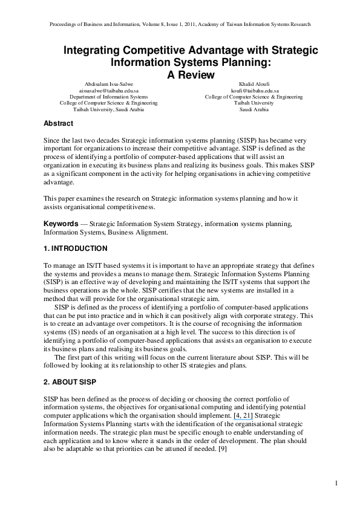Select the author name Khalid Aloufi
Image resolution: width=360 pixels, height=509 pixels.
click(254, 83)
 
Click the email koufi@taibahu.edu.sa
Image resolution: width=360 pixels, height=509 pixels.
click(254, 90)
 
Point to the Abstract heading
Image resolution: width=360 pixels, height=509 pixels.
click(59, 123)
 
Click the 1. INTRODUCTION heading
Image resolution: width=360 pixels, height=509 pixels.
click(75, 248)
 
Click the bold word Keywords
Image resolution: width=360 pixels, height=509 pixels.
click(61, 224)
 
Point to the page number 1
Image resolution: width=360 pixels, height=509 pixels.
click(335, 483)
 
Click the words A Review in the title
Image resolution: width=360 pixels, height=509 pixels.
click(191, 75)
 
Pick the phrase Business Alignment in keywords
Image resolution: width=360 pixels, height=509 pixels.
click(131, 232)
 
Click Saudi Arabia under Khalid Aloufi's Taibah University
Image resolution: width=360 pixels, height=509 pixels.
click(254, 109)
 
